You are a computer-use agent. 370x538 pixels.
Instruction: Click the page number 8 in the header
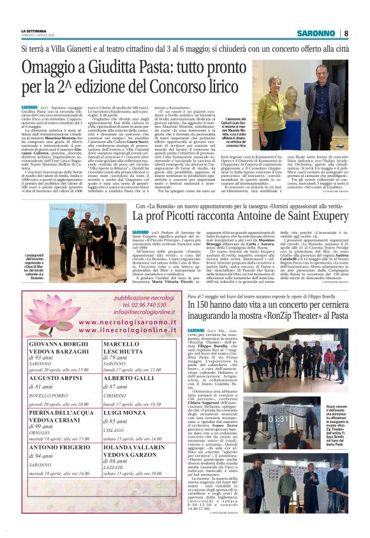(x=346, y=33)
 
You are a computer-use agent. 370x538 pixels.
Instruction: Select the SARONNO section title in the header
(x=316, y=33)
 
